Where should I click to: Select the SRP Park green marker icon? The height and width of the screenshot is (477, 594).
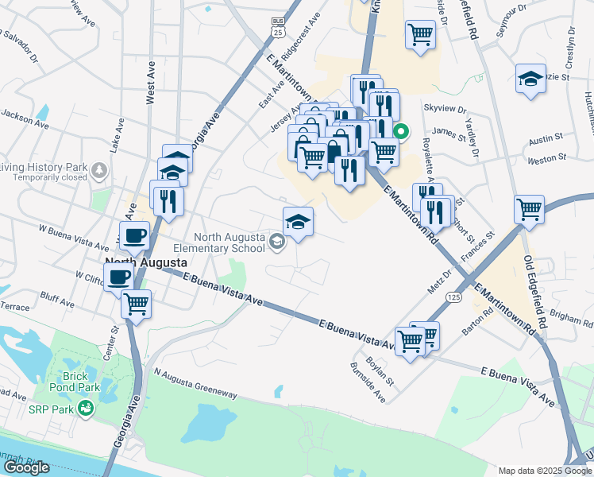[85, 409]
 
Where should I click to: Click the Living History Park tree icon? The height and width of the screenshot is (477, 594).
[98, 169]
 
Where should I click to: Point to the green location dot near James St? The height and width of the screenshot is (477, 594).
[402, 133]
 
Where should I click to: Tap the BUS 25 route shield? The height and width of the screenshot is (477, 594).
[276, 27]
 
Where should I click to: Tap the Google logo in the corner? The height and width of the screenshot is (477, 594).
[26, 467]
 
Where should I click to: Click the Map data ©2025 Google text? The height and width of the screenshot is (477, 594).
[544, 471]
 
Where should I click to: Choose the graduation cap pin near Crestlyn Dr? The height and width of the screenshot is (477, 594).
[530, 79]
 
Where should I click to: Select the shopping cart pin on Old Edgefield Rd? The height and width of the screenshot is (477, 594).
[529, 210]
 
